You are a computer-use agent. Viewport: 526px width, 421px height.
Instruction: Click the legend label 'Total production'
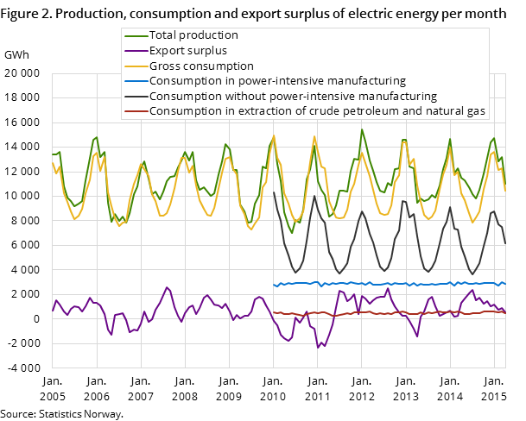(193, 35)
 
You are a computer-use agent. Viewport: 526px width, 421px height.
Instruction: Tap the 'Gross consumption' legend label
(201, 66)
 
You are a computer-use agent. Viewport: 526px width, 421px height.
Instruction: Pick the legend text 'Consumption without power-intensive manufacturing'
(293, 96)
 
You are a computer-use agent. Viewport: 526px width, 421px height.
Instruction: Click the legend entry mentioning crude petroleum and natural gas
(318, 111)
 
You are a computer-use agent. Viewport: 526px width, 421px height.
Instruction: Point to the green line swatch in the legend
(136, 36)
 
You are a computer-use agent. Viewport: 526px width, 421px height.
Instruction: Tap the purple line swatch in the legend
(136, 51)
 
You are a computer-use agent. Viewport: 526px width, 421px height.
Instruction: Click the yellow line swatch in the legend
(136, 66)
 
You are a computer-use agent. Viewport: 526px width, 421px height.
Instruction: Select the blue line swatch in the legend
(136, 81)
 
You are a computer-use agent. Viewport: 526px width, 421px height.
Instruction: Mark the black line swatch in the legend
(136, 97)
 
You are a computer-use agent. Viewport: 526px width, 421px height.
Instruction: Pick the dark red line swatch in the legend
(136, 111)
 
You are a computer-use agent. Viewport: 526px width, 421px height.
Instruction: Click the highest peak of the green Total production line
(362, 130)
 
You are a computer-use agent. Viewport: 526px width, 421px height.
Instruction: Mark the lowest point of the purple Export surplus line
(318, 348)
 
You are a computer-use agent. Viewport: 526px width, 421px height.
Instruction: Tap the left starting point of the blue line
(274, 285)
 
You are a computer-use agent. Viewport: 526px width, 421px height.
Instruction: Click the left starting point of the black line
(274, 192)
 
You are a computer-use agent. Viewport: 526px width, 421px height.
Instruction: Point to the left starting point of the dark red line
(274, 312)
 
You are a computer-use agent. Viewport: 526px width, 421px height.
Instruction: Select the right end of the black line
(505, 243)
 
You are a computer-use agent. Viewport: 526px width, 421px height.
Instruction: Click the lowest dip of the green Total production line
(292, 233)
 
